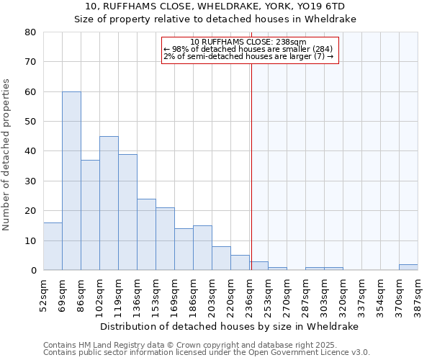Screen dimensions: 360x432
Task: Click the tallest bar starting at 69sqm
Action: coord(71,181)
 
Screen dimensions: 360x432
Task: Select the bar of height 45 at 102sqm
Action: coord(109,203)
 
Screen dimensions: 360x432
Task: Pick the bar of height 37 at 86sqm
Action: coord(90,215)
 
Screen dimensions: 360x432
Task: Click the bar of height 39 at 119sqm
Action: coord(127,212)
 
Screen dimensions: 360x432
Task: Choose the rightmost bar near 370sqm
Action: coord(408,267)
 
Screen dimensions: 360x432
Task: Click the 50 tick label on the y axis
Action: coord(30,122)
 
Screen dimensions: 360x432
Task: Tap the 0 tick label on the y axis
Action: coord(33,271)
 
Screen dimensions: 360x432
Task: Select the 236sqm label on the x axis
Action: coord(249,292)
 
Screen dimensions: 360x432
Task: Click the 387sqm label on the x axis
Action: coord(418,292)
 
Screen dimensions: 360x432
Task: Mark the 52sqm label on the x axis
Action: coord(43,292)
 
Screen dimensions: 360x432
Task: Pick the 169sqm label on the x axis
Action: coord(174,292)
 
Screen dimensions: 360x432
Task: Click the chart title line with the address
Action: coord(215,7)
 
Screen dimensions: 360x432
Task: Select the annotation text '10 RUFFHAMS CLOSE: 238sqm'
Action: coord(248,42)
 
